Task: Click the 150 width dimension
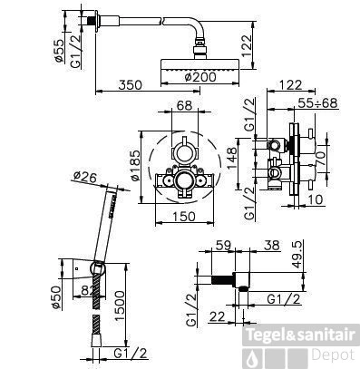[x=187, y=217]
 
